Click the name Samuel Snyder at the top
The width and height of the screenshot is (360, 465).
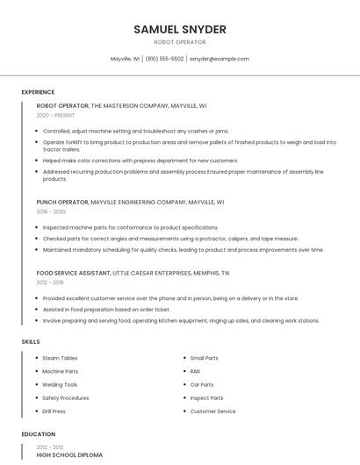tap(179, 29)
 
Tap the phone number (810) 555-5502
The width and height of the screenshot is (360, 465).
tap(164, 59)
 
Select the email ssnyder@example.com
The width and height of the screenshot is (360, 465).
tap(220, 59)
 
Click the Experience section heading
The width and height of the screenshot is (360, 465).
tap(38, 92)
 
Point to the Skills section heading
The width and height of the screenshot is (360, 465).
tap(30, 340)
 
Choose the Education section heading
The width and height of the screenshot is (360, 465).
tap(38, 434)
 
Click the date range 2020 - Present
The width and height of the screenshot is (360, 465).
tap(56, 115)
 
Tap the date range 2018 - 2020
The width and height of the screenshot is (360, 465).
tap(51, 211)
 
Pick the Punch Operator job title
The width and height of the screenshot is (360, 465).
tap(62, 202)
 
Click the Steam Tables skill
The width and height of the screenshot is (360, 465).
tap(61, 358)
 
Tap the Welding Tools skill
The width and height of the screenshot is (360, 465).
tap(61, 384)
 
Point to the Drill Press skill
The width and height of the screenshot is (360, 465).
tap(54, 411)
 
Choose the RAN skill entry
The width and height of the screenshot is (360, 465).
tap(195, 371)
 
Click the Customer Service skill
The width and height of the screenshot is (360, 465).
tap(212, 411)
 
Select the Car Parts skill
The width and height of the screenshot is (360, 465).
tap(202, 384)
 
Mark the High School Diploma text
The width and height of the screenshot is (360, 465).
tap(69, 455)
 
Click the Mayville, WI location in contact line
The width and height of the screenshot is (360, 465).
tap(125, 59)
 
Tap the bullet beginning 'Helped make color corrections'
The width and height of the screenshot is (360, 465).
tap(140, 161)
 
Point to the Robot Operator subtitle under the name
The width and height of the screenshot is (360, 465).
tap(179, 42)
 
